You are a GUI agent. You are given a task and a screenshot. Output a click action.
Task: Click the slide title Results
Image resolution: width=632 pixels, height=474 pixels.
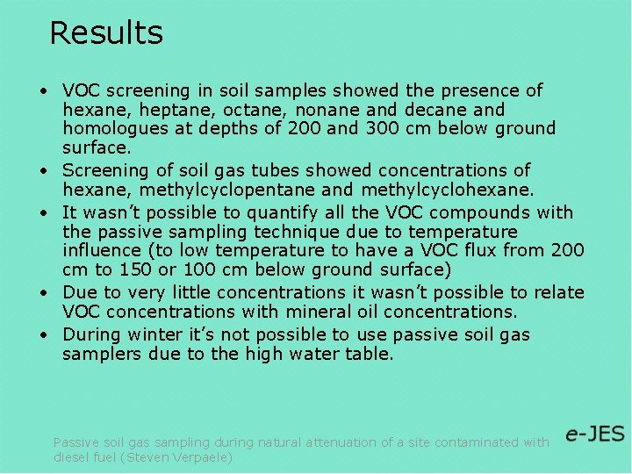106,33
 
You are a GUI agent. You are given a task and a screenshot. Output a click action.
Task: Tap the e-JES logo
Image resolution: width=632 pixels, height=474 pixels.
594,434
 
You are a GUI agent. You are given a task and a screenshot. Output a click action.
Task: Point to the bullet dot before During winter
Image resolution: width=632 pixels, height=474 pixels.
42,335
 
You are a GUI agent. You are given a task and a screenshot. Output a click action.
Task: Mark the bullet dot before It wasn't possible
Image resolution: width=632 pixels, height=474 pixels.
42,213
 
